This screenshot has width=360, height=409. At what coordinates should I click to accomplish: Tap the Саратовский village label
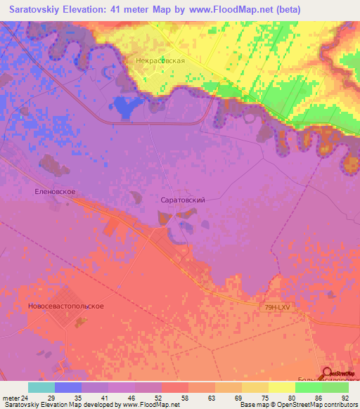[183, 200]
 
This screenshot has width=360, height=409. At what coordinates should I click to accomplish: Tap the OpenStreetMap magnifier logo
[328, 373]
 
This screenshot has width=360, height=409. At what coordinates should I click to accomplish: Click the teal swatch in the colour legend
[41, 387]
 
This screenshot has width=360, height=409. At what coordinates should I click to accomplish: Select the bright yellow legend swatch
[282, 387]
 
